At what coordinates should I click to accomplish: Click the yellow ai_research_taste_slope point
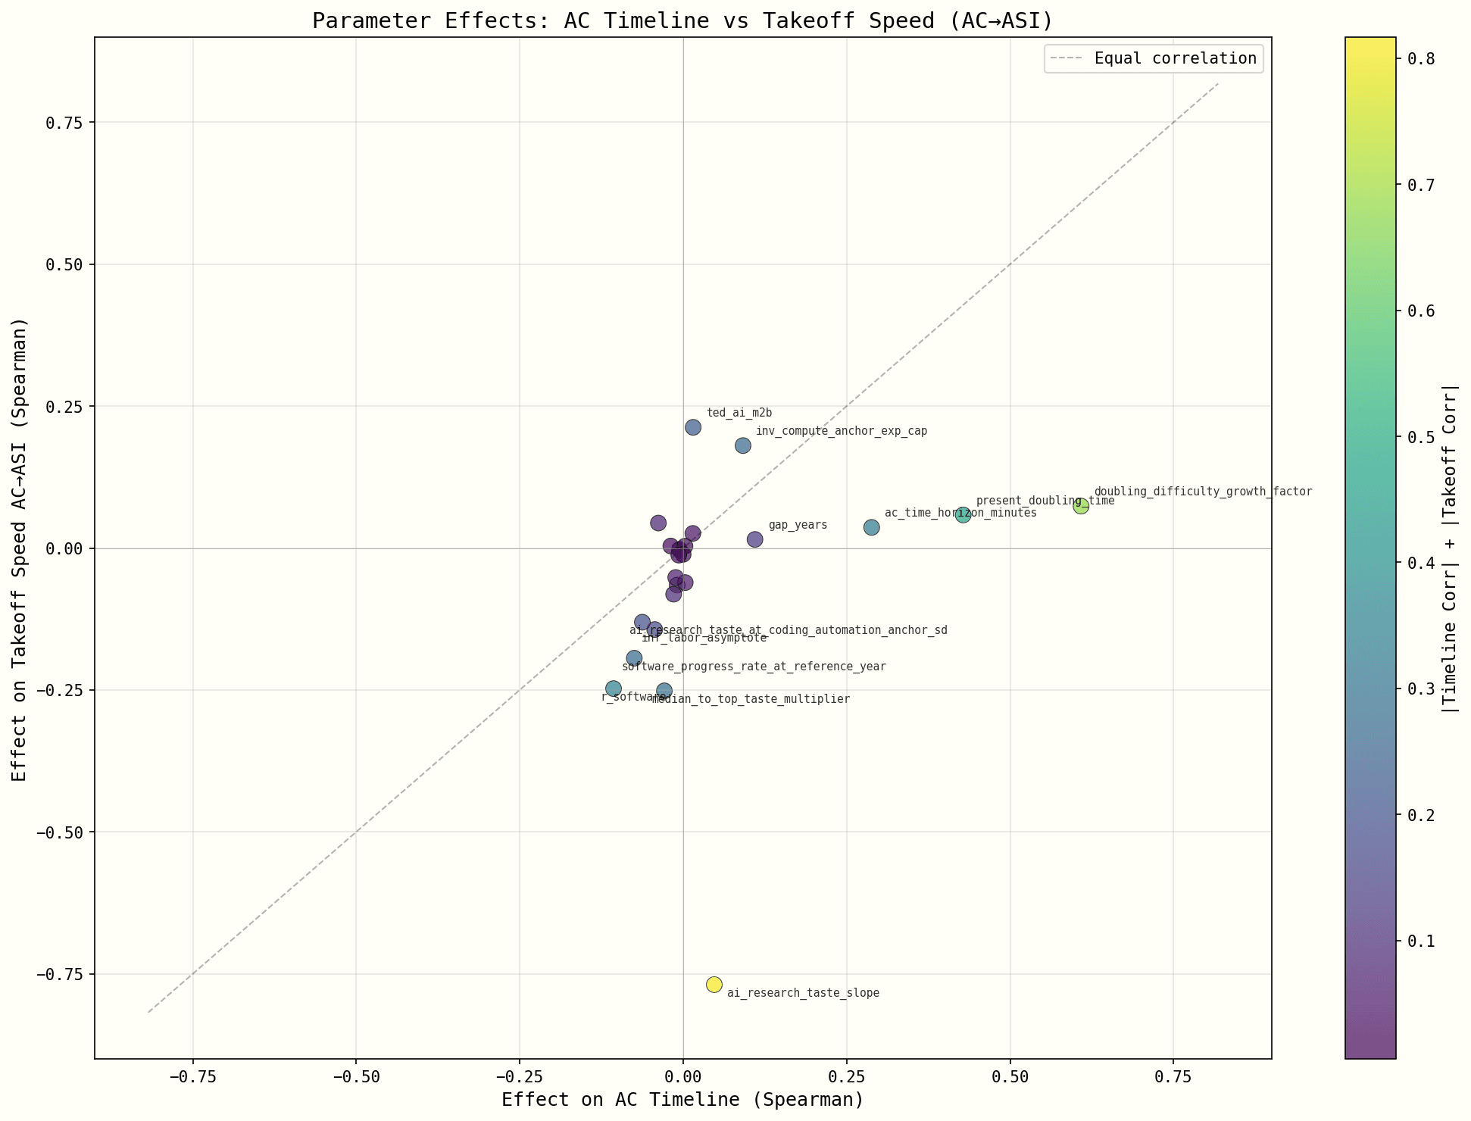click(714, 984)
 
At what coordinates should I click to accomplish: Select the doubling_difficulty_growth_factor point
click(1081, 506)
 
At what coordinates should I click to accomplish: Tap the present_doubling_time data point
click(963, 515)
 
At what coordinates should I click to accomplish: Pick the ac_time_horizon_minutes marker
click(872, 527)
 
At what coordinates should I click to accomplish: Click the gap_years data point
click(754, 539)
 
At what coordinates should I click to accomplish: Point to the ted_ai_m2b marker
click(693, 427)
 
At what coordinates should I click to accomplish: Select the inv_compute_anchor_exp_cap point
click(743, 445)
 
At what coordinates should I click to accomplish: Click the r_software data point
click(614, 689)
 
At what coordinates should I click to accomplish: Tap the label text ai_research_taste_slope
click(803, 993)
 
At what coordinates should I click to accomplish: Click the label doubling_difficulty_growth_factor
click(1203, 492)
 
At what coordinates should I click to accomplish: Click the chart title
click(682, 20)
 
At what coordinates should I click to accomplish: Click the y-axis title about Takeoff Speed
click(20, 548)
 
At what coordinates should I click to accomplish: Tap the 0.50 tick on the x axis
click(1010, 1076)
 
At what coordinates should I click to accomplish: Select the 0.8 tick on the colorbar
click(1421, 59)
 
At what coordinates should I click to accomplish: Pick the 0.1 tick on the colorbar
click(1421, 941)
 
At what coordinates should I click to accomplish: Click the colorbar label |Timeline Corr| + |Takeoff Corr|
click(1450, 548)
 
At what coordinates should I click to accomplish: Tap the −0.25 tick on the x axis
click(520, 1076)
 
